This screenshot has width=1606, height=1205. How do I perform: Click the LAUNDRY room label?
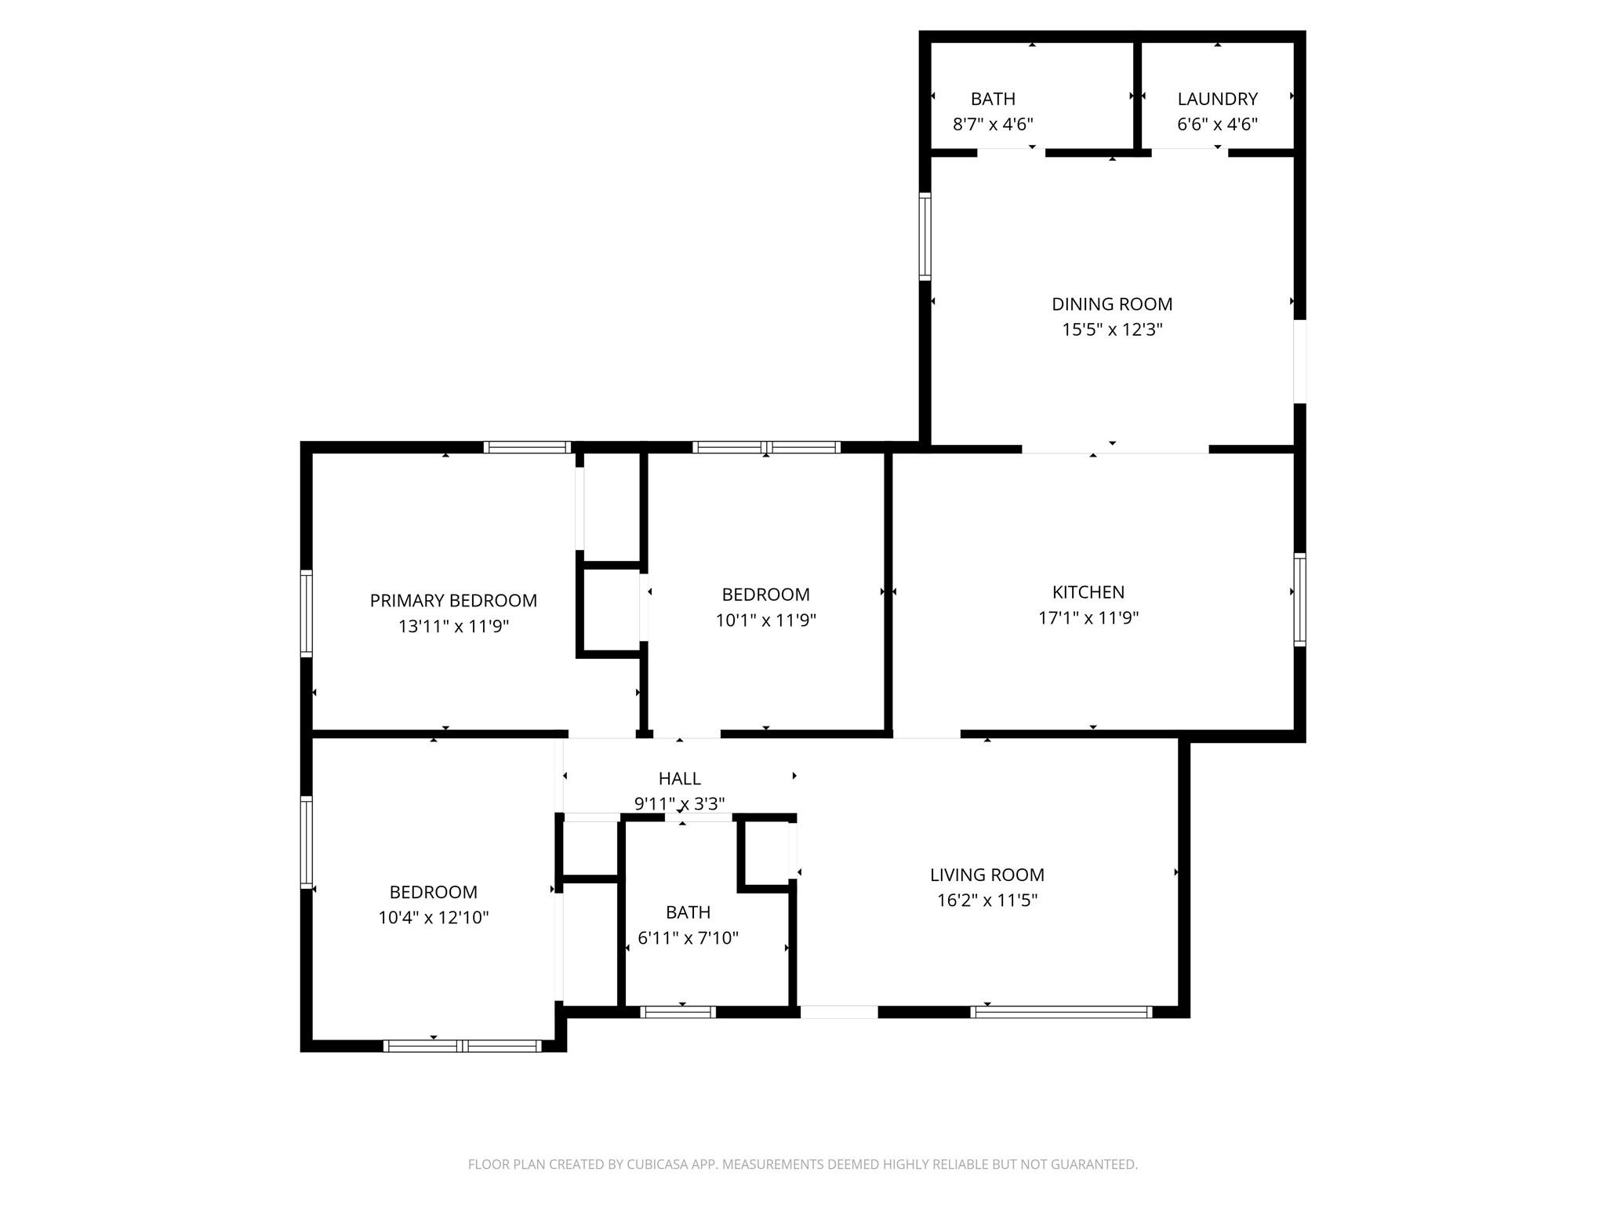coord(1217,99)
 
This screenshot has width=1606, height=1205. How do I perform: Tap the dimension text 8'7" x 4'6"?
coord(993,124)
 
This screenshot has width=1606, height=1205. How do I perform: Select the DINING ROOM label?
coord(1112,304)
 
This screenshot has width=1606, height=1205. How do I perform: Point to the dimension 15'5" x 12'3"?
coord(1112,329)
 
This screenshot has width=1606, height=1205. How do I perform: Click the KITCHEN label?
coord(1088,592)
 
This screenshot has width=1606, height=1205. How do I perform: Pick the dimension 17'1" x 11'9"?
coord(1088,618)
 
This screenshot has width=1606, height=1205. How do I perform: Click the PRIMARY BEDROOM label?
coord(453,601)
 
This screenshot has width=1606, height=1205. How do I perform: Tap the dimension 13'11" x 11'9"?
coord(453,627)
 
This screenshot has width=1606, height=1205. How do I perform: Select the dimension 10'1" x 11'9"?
coord(765,621)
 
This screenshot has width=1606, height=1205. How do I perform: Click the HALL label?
coord(679,778)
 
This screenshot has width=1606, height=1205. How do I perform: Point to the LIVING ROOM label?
coord(986,875)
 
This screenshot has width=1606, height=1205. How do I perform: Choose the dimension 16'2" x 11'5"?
coord(986,901)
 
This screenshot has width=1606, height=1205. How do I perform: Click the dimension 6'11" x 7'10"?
coord(688,938)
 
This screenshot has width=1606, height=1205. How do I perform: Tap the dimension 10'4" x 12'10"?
coord(433,918)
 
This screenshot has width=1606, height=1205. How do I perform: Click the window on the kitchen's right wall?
coord(1299,599)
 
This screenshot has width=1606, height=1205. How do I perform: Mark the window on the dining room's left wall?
coord(925,236)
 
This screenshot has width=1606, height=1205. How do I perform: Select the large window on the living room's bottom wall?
coord(1061,1012)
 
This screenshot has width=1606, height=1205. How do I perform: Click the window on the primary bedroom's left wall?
coord(307,613)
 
